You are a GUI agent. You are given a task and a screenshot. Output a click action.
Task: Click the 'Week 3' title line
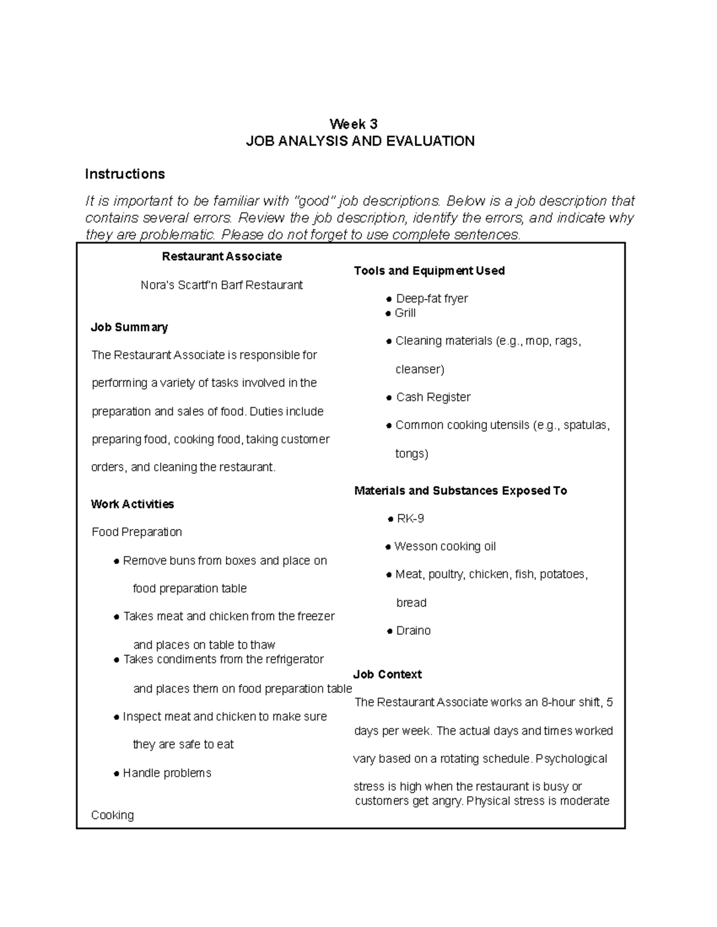point(354,124)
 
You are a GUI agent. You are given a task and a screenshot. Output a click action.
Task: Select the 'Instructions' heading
point(124,174)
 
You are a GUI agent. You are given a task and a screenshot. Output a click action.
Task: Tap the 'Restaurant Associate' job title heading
point(222,257)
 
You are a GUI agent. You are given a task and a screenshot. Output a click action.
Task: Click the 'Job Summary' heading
point(129,327)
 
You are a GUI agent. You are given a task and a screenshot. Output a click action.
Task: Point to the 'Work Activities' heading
point(132,504)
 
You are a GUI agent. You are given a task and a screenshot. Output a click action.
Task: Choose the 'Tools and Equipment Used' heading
point(429,271)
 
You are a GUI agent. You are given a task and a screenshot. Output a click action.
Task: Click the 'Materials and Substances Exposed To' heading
point(460,491)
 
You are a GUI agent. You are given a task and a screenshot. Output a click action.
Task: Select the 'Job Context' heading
point(387,675)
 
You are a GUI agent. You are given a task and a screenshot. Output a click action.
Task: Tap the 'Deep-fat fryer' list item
point(431,298)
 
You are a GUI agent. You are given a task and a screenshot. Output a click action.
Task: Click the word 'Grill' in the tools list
point(405,313)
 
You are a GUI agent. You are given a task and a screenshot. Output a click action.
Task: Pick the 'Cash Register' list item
point(433,398)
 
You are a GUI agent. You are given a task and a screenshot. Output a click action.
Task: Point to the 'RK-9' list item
point(410,519)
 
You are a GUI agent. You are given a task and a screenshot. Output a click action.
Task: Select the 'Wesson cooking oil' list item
point(445,547)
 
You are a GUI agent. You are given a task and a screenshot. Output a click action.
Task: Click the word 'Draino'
point(413,631)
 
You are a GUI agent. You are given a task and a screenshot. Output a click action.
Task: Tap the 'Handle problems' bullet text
point(167,773)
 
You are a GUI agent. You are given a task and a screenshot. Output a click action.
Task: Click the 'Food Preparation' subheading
point(137,532)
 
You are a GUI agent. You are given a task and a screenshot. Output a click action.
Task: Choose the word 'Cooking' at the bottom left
point(112,815)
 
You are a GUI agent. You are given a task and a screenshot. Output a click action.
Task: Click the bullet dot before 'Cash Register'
point(390,398)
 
